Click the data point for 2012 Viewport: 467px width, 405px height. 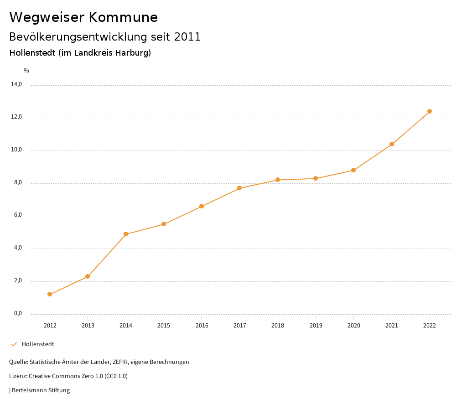[x=50, y=294]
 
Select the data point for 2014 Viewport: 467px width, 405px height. [x=126, y=234]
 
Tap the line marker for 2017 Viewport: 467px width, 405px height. [x=239, y=188]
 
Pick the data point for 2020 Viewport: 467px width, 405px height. [x=353, y=170]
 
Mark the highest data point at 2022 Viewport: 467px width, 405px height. [x=430, y=111]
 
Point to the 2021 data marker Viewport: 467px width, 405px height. [x=391, y=144]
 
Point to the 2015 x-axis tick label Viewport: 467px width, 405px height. [x=164, y=325]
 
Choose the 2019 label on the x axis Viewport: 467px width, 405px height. [x=316, y=325]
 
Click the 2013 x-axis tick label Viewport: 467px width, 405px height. [x=88, y=325]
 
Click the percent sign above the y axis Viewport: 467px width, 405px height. [x=26, y=70]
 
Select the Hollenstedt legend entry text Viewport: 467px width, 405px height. [x=38, y=344]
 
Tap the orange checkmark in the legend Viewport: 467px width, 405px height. [x=14, y=344]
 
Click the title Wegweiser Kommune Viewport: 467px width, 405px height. [x=83, y=17]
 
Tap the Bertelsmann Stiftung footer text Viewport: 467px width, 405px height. [x=41, y=390]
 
